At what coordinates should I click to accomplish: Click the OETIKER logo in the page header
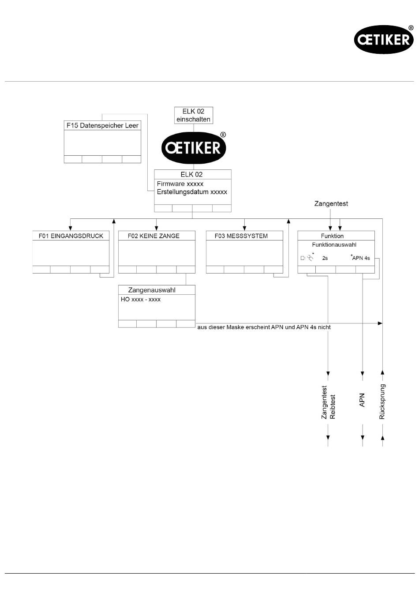383,40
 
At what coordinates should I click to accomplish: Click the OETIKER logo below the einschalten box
194,148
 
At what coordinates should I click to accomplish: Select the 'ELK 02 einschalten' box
193,115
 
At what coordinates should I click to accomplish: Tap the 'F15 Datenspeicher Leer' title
102,125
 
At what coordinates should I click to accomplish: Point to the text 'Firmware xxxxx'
180,184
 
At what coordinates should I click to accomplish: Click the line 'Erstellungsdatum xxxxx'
192,192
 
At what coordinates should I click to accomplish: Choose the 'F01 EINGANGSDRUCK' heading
71,236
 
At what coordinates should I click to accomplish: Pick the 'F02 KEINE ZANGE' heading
153,236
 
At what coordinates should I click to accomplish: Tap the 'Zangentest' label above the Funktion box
331,203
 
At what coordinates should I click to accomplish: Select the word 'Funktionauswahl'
334,244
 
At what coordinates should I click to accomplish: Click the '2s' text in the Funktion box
325,258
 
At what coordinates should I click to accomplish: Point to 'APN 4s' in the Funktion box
361,258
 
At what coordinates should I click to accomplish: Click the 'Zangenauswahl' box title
152,290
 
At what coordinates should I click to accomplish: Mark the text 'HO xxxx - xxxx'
141,299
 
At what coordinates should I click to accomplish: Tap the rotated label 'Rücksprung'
382,402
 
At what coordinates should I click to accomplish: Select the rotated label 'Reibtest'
333,406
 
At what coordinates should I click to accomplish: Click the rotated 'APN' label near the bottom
362,400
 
